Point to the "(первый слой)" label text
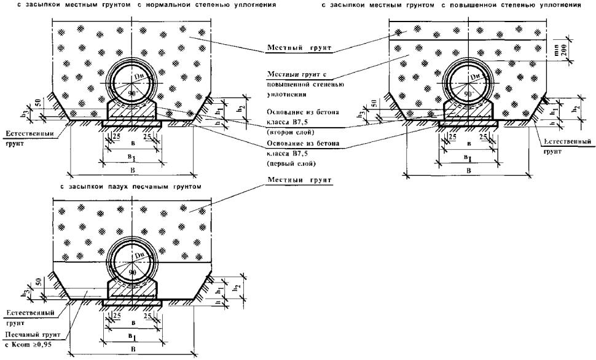click(x=287, y=164)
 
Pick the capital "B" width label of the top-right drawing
click(x=468, y=170)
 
